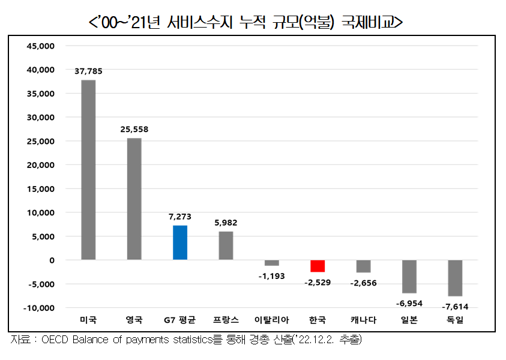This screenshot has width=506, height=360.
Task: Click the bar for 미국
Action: [x=88, y=170]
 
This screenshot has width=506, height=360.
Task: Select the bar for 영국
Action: [x=134, y=199]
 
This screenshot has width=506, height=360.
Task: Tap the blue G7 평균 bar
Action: [x=180, y=242]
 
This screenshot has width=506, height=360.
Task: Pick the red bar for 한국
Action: [x=318, y=266]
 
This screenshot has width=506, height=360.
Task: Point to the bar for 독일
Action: [x=455, y=278]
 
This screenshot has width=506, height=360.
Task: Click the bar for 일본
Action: [x=409, y=276]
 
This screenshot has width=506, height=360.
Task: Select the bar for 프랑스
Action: [x=226, y=245]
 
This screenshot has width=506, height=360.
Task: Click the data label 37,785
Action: [x=88, y=71]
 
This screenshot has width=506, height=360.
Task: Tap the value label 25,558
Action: [x=134, y=129]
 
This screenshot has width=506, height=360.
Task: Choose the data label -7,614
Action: [x=455, y=307]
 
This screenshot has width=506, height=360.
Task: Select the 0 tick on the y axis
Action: [x=52, y=260]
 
